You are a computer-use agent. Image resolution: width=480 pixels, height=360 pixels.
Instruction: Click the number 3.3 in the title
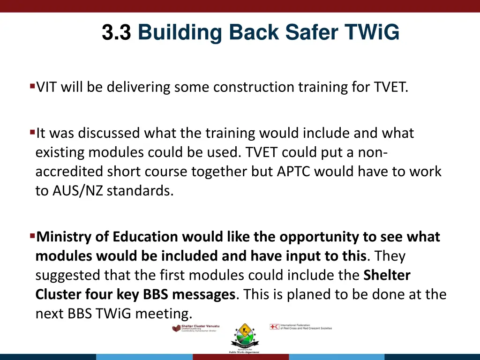(x=116, y=33)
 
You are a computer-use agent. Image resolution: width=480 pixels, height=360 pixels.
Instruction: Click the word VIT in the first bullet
(x=47, y=87)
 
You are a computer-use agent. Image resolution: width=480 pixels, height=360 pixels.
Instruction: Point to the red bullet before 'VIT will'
(x=32, y=86)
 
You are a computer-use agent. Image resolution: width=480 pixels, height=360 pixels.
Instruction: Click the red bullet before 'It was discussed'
(x=32, y=132)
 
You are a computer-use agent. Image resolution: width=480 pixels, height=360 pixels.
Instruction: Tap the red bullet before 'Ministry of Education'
(x=32, y=235)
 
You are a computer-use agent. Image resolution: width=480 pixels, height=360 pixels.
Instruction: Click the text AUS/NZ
(x=69, y=191)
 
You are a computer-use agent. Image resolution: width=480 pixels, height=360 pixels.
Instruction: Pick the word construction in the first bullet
(x=212, y=87)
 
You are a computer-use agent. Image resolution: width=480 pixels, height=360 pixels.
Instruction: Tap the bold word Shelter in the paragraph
(x=387, y=276)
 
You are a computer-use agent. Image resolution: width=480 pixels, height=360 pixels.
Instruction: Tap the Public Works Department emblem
(x=243, y=337)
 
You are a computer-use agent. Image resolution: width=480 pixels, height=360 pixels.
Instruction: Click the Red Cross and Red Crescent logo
(x=300, y=327)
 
